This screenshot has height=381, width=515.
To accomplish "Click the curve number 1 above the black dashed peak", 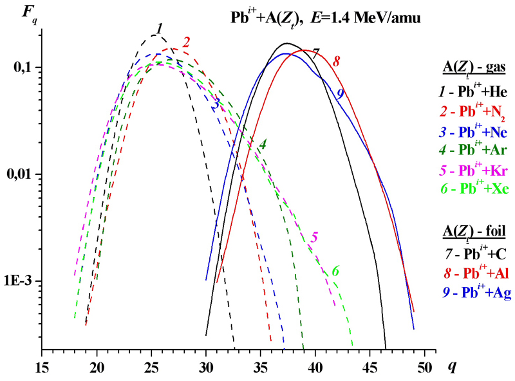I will pyautogui.click(x=158, y=27).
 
